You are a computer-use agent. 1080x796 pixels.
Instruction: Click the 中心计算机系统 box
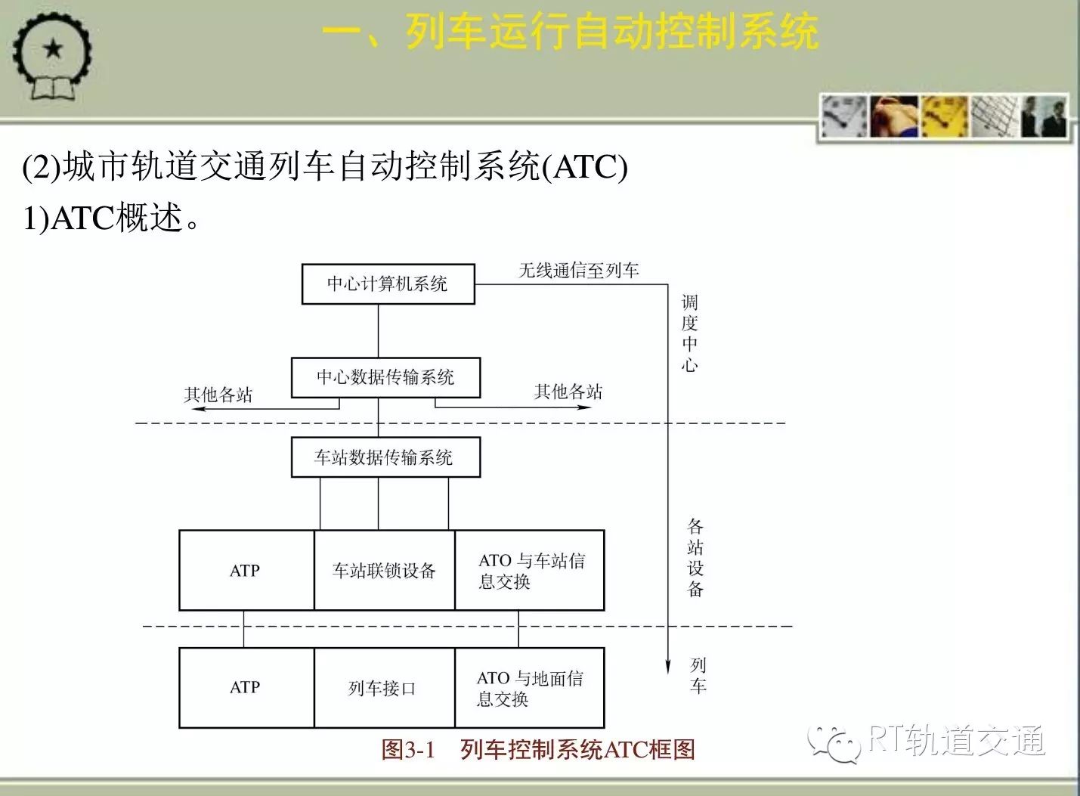point(388,284)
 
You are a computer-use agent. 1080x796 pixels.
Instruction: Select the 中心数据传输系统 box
point(385,377)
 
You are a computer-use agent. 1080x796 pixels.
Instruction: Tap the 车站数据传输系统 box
point(385,457)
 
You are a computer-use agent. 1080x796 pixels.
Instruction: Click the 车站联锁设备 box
point(384,571)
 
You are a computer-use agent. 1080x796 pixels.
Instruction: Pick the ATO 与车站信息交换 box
point(530,571)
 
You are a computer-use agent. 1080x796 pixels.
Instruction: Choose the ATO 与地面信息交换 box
point(530,687)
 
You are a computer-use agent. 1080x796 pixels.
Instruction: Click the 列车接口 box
point(384,687)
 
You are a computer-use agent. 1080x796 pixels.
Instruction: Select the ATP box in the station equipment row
point(246,571)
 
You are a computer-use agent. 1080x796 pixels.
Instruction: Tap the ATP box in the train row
point(246,687)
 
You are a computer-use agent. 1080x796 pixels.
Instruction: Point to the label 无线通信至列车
point(579,271)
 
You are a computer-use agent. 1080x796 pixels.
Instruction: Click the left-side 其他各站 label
point(218,395)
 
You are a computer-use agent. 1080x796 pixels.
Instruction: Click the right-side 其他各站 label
point(568,392)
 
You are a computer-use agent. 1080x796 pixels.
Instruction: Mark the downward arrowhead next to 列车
point(668,667)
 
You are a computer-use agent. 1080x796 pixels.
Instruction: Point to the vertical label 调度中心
point(689,333)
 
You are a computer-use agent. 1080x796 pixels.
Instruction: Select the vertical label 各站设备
point(695,558)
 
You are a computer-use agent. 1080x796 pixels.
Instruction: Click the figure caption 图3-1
point(408,750)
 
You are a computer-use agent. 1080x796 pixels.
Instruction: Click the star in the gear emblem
point(53,48)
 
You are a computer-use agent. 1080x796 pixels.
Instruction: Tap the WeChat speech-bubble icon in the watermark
point(834,743)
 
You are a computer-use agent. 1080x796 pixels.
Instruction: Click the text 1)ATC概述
point(111,218)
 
